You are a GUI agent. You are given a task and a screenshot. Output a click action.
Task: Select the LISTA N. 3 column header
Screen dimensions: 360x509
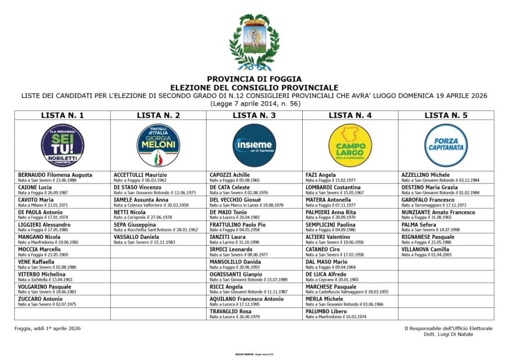[x=254, y=115]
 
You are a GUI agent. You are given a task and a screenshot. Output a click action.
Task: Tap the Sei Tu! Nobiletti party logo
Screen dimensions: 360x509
[x=63, y=145]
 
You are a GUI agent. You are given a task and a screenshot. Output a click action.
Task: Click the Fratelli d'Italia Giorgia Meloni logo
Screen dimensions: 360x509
[x=158, y=145]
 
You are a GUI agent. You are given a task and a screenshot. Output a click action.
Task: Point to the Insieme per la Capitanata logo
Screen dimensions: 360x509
[x=254, y=145]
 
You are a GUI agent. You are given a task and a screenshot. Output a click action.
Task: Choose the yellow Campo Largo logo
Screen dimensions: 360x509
[x=350, y=145]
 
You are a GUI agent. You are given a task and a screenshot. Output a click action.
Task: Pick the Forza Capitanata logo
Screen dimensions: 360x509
[x=446, y=145]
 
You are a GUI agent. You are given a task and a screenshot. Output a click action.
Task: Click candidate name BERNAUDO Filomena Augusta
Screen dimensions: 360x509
[x=55, y=175]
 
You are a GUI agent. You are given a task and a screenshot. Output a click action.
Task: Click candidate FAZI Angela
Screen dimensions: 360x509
[x=321, y=175]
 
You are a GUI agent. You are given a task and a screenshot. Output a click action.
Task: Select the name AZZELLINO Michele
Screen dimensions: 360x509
[x=425, y=175]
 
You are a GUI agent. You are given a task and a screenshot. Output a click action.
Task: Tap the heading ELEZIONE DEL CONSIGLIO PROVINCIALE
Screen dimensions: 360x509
[x=254, y=87]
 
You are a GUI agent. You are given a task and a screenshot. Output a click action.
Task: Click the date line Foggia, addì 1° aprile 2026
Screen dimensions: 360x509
[x=47, y=328]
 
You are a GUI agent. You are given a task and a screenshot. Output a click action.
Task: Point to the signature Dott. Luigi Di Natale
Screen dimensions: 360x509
[x=452, y=334]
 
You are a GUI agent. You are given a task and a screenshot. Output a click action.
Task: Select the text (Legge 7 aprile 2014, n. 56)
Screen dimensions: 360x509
[x=254, y=103]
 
